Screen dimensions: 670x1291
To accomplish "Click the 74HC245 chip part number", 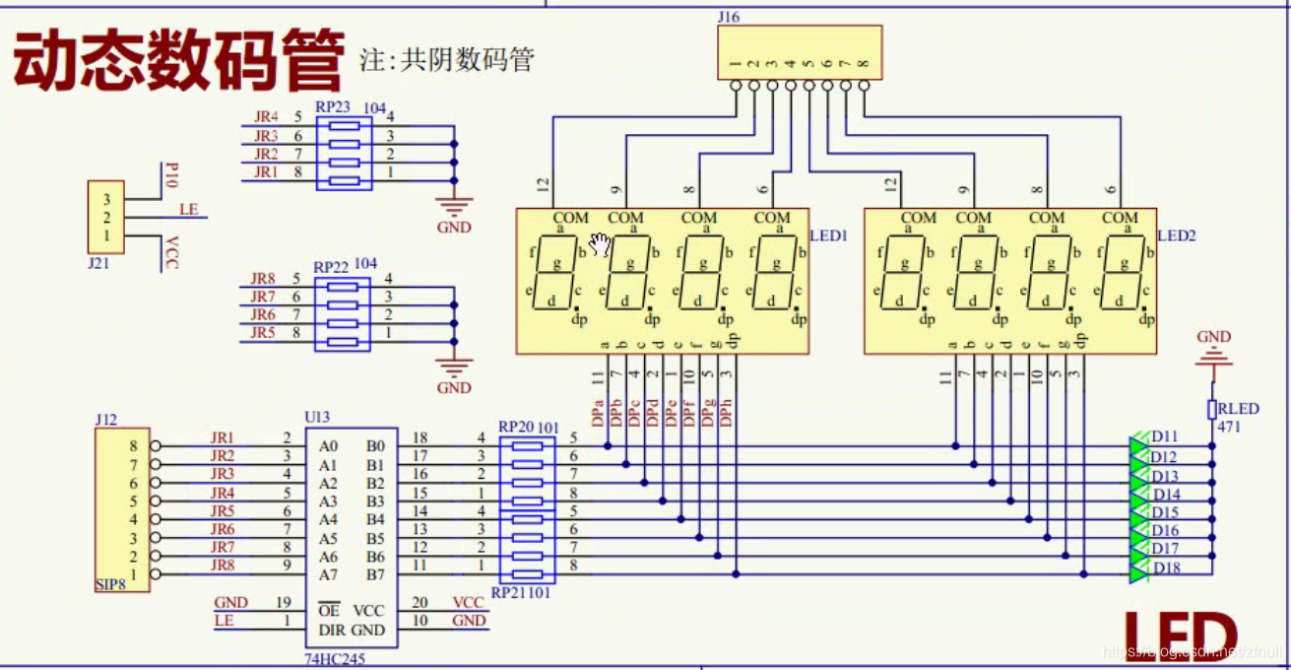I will click(x=335, y=658).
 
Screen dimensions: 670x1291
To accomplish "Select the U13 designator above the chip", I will click(x=317, y=418).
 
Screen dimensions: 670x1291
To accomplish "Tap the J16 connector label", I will click(x=730, y=17).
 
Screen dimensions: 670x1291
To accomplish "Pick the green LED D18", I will click(x=1140, y=568).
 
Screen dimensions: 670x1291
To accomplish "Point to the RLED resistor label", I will click(x=1238, y=409).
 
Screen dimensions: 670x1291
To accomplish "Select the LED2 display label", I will click(x=1176, y=236).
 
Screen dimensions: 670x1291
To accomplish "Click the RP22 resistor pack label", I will click(x=332, y=267).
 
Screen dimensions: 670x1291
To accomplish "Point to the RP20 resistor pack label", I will click(x=516, y=428).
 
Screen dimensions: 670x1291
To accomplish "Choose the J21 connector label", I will click(x=99, y=264).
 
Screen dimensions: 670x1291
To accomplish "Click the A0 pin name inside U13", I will click(x=329, y=446).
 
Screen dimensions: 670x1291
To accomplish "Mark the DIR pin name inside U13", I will click(x=332, y=631).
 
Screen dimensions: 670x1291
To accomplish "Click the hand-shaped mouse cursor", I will click(x=600, y=244).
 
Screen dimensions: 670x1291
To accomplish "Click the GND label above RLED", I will click(x=1213, y=337).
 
